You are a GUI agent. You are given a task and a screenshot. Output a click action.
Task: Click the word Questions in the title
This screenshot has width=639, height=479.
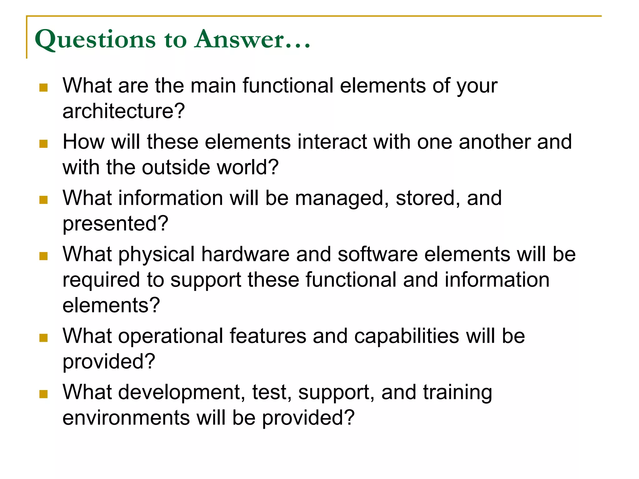coord(95,40)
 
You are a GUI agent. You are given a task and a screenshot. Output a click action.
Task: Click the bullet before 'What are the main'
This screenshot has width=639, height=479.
coord(43,87)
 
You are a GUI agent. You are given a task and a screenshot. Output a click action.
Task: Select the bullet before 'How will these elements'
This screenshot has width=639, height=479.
coord(43,144)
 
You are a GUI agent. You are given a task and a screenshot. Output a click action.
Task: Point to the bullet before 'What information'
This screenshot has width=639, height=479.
coord(43,200)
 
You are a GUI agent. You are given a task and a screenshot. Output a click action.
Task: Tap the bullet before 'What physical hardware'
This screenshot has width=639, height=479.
coord(43,256)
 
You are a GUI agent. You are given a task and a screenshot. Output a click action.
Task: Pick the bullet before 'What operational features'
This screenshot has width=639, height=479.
coord(43,338)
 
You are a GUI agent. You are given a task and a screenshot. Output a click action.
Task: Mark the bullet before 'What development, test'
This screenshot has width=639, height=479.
coord(43,394)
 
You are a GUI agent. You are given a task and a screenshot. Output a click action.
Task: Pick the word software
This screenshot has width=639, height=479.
coord(378,254)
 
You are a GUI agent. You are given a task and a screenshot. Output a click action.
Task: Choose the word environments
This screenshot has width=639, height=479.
coord(126,418)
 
